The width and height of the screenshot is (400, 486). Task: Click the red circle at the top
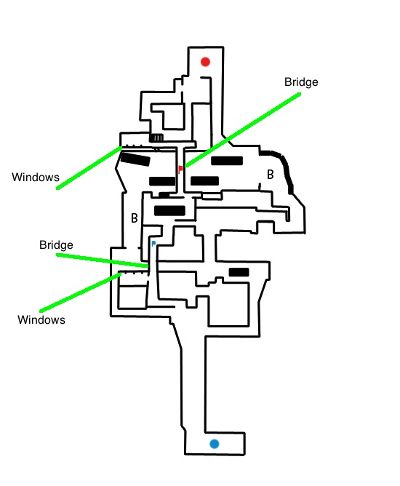205,62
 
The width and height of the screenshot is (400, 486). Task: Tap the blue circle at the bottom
214,444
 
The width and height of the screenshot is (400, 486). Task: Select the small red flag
180,170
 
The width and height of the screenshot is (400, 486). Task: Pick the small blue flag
153,243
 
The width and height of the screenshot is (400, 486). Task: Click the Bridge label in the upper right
301,81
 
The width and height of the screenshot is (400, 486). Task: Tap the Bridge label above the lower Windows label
56,245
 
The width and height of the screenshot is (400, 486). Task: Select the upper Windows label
36,177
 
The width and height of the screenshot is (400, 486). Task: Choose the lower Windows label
41,319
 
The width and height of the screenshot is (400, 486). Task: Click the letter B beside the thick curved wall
270,175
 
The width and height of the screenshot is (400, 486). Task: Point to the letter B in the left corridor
134,218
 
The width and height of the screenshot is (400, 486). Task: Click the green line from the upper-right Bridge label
243,130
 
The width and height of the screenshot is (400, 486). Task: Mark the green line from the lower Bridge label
102,260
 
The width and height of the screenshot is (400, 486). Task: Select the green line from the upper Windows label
89,167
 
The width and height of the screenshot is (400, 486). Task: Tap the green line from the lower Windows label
80,292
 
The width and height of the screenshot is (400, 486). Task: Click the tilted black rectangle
135,159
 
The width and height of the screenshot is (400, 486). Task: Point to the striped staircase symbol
156,138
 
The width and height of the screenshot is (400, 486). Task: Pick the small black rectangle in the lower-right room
239,272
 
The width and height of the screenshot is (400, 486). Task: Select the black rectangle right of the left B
169,210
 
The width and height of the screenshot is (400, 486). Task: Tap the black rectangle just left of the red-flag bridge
162,181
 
